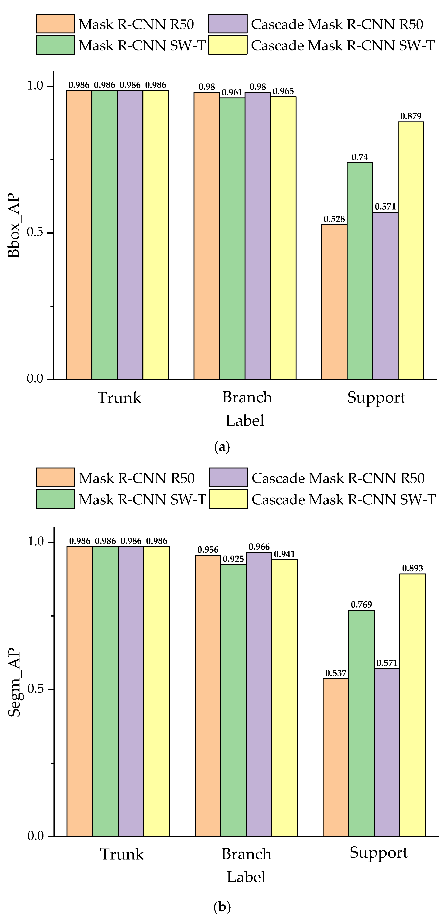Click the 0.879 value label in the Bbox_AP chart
point(411,116)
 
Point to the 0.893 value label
point(413,568)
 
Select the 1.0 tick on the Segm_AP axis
point(36,542)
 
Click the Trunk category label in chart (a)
point(119,397)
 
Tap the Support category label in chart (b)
point(379,853)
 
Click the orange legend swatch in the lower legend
point(55,477)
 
